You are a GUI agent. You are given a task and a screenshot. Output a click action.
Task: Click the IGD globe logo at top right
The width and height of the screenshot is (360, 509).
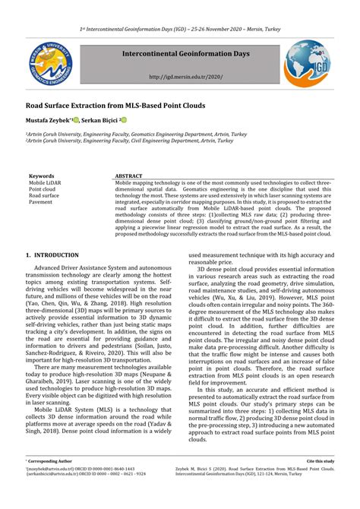coord(308,65)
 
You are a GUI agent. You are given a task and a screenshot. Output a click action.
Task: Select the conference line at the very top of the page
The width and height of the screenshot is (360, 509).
coord(180,29)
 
